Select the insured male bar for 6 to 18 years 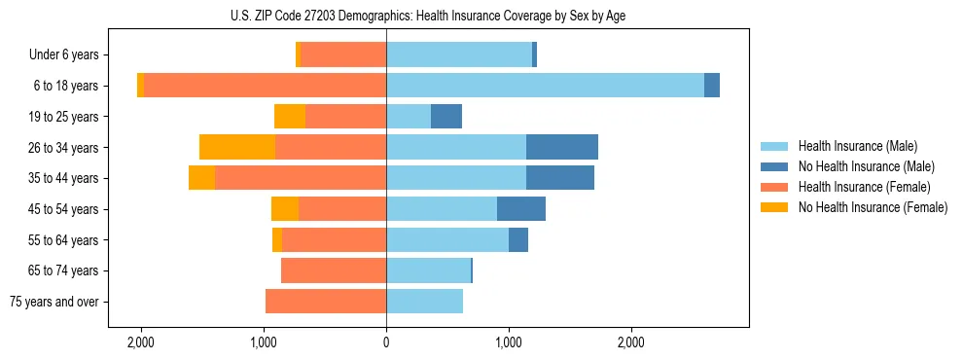[x=545, y=86]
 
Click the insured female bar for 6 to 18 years [x=265, y=86]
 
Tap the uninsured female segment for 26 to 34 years [x=236, y=147]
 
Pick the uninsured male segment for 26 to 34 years [x=561, y=147]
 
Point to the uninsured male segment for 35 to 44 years [x=559, y=178]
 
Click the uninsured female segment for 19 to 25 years [x=289, y=117]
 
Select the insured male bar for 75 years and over [x=424, y=302]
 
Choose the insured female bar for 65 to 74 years [x=334, y=270]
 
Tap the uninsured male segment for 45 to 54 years [x=520, y=209]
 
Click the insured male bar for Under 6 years [x=458, y=54]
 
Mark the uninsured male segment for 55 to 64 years [x=517, y=239]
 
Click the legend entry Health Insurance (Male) [x=857, y=146]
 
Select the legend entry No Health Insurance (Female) [x=872, y=207]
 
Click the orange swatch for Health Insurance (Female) [x=774, y=187]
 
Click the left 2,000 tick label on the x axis [x=141, y=342]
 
